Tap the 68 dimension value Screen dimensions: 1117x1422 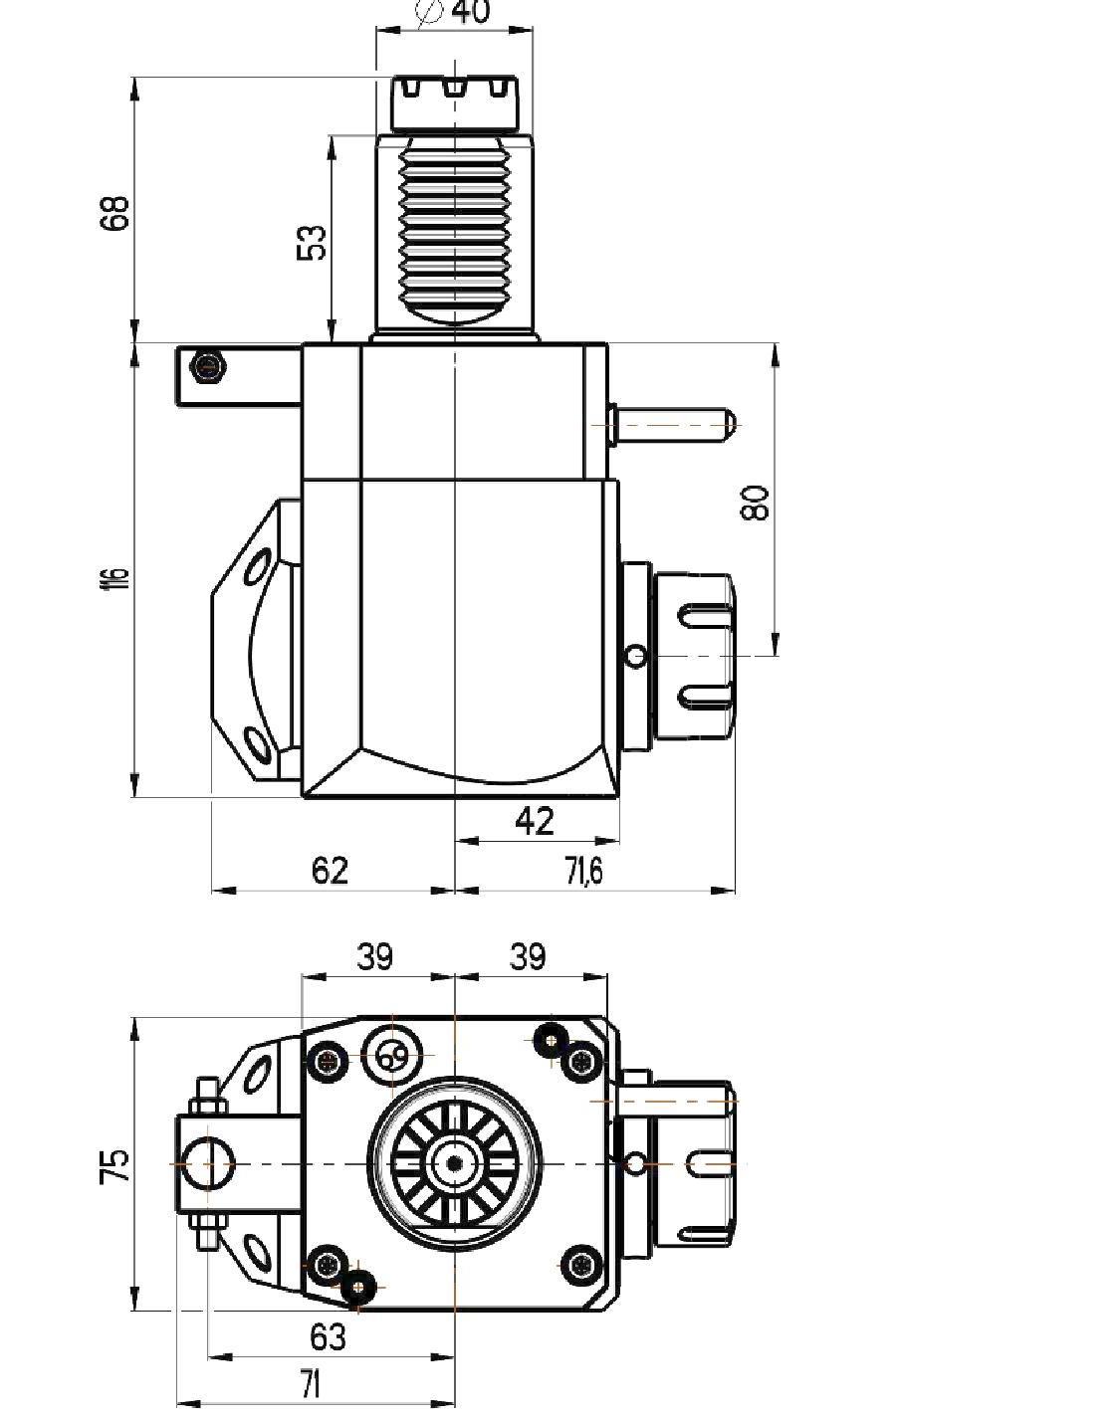tap(115, 211)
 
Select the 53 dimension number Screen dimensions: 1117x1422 tap(313, 242)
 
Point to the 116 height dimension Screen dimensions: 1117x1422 tap(117, 576)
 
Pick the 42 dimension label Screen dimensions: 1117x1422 tap(535, 821)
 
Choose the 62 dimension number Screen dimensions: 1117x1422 tap(330, 871)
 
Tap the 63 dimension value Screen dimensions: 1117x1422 tap(328, 1337)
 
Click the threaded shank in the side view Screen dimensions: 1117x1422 tap(455, 232)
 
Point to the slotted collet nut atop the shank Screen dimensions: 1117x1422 tap(454, 102)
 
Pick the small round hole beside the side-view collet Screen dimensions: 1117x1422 tap(636, 655)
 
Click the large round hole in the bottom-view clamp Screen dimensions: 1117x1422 tap(208, 1164)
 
